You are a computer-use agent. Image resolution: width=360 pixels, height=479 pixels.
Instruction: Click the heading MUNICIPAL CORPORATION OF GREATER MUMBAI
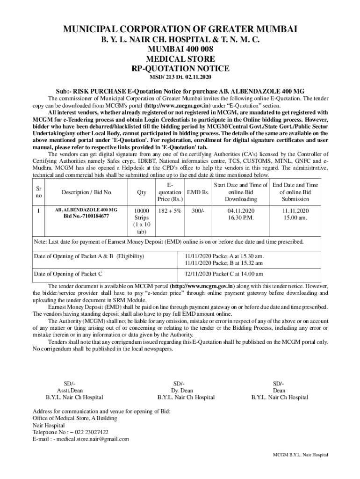[180, 30]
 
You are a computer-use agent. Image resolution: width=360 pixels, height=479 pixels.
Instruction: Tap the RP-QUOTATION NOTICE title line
[180, 68]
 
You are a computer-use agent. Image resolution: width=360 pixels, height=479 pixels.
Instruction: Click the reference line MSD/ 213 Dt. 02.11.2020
[180, 77]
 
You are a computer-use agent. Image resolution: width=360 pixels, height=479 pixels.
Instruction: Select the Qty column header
[141, 192]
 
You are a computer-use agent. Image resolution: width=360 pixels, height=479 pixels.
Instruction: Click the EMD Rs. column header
[198, 192]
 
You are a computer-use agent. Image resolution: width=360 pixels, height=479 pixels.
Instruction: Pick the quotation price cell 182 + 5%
[169, 210]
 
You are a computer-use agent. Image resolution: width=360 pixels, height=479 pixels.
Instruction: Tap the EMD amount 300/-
[198, 210]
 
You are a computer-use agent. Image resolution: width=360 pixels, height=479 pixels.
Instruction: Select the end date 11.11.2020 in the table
[295, 210]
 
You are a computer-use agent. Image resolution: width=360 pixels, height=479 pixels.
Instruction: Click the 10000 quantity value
[141, 210]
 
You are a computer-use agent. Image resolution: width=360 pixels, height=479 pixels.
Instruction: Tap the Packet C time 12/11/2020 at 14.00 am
[223, 274]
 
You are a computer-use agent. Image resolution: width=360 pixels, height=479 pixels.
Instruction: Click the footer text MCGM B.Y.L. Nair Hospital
[301, 455]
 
